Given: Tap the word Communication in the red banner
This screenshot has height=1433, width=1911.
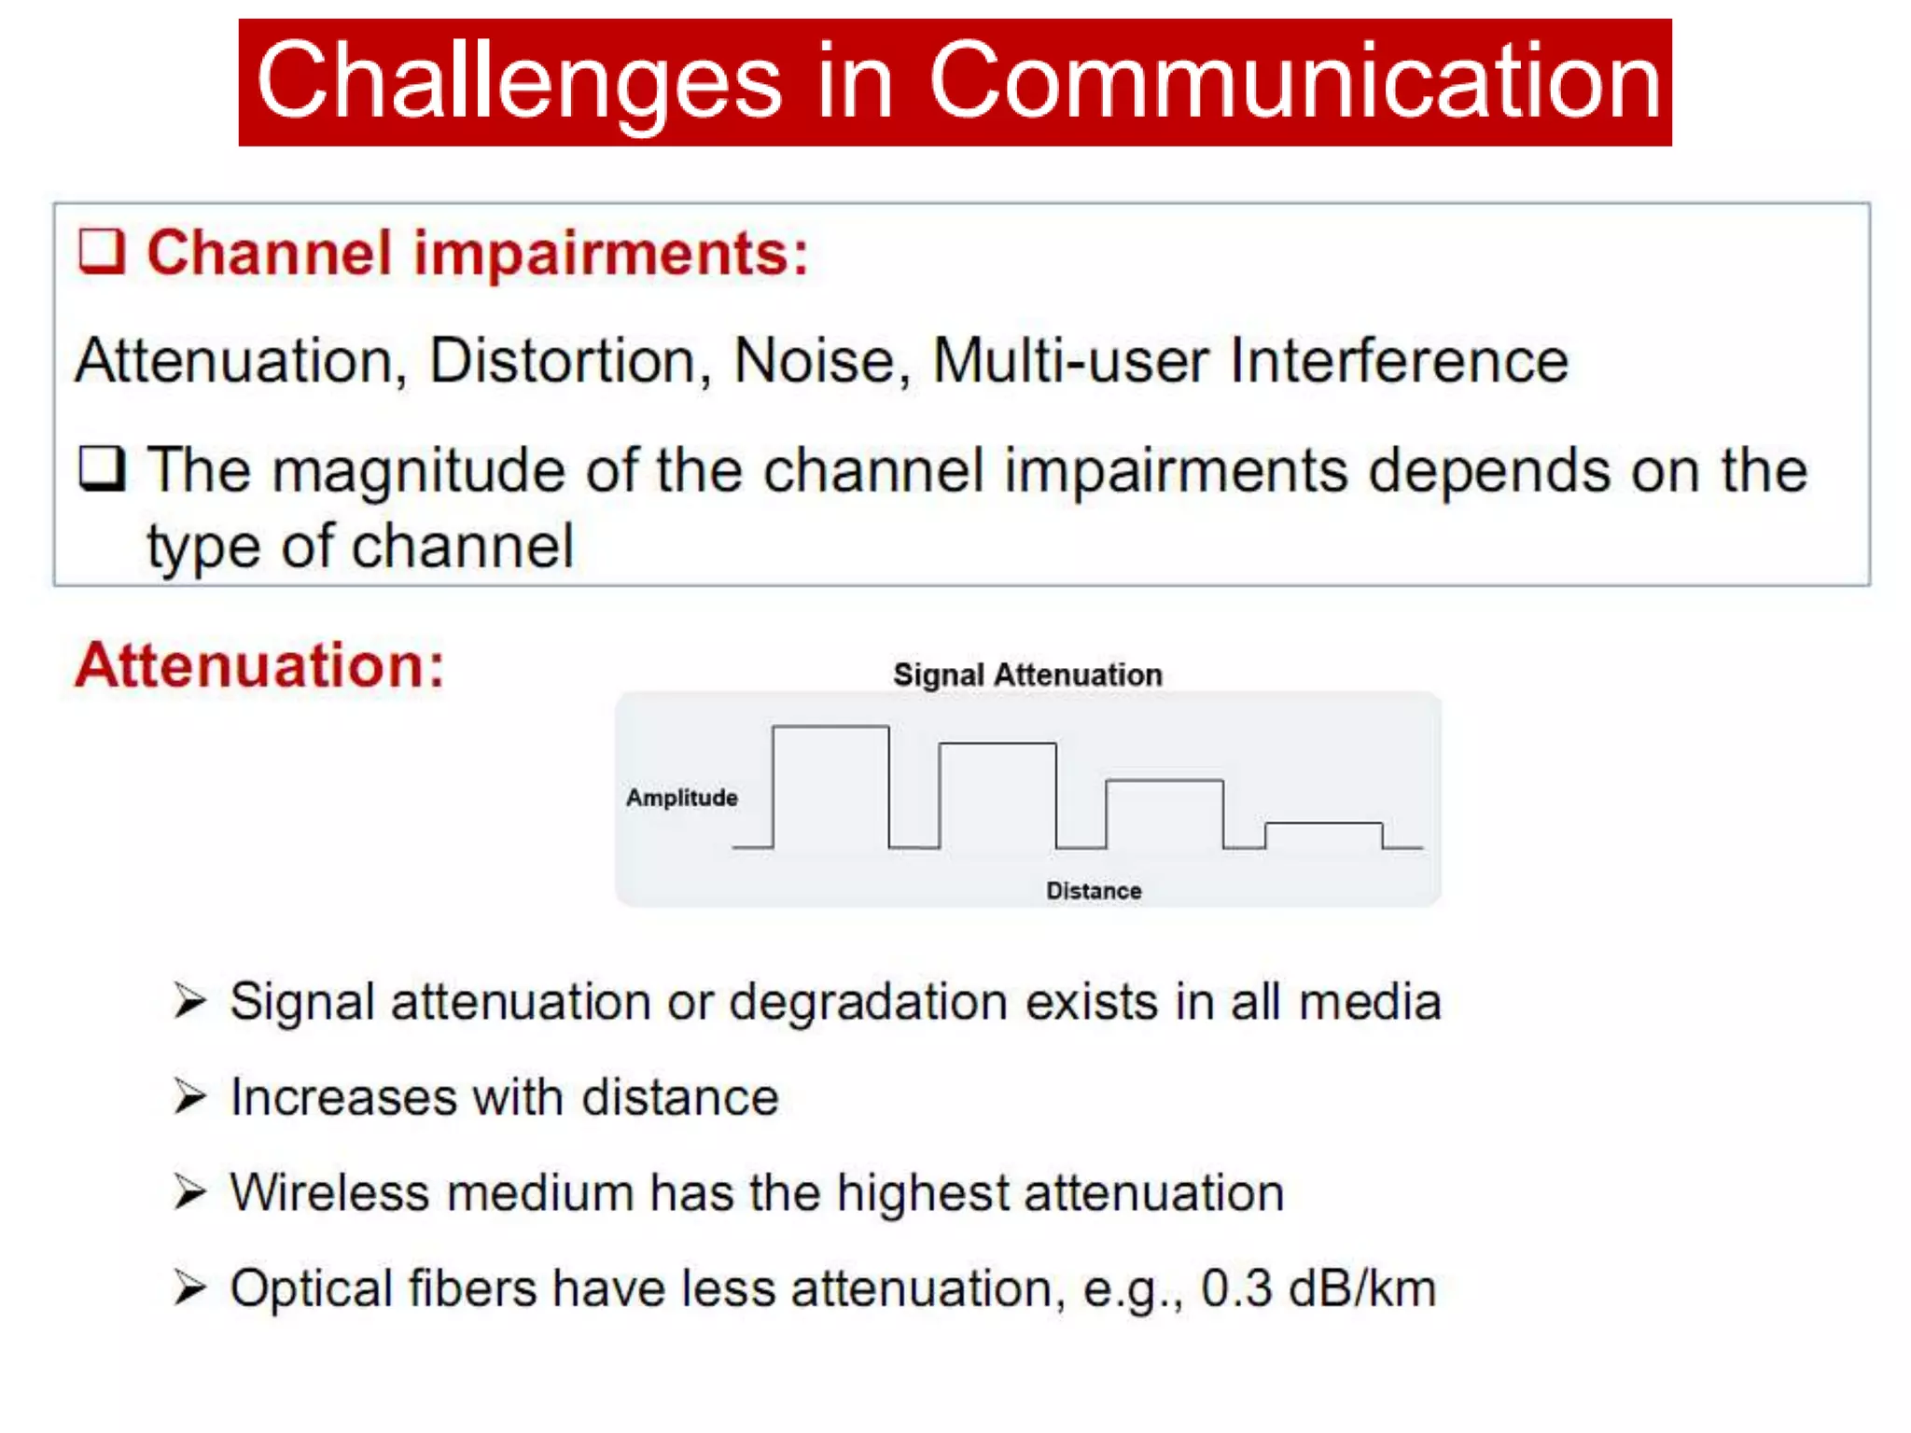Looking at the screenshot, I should tap(1294, 82).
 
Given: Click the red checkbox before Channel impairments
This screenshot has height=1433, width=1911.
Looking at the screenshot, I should tap(102, 251).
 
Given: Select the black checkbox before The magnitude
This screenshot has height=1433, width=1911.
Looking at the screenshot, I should tap(102, 468).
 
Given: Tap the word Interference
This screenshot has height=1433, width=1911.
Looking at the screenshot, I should tap(1399, 361).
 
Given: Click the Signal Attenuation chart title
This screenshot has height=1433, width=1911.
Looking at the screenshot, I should tap(1027, 675).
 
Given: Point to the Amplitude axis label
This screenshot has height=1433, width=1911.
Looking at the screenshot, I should tap(681, 798).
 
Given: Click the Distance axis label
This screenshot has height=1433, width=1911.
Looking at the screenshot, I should tap(1094, 890).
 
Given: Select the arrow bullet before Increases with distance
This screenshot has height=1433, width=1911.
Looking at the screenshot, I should tap(189, 1096).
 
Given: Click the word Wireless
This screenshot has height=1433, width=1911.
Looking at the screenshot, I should tap(329, 1192).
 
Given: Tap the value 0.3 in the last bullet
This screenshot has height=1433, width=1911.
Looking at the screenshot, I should tap(1235, 1288).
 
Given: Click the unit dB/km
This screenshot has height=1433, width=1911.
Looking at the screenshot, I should tap(1361, 1288).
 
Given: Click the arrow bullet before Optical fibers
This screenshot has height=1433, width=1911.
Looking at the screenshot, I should tap(189, 1287).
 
